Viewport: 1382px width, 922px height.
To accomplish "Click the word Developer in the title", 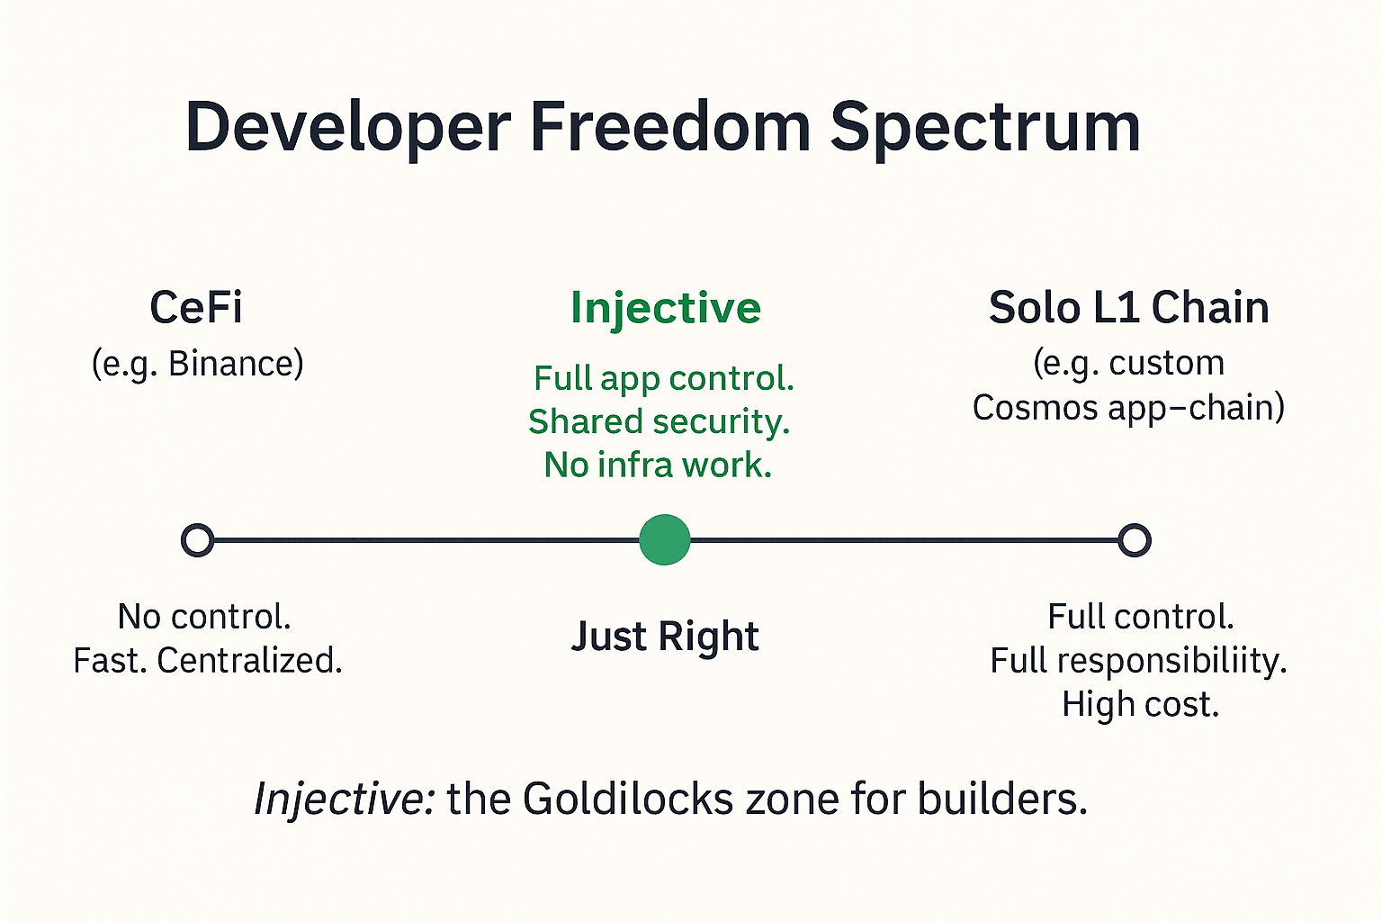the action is pyautogui.click(x=348, y=129).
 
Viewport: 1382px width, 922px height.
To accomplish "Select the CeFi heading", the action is pyautogui.click(x=196, y=307).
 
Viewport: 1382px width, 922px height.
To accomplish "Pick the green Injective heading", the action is pyautogui.click(x=666, y=309).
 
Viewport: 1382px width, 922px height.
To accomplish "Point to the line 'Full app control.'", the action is pyautogui.click(x=664, y=378).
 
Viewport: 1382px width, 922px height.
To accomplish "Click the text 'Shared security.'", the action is pyautogui.click(x=659, y=422).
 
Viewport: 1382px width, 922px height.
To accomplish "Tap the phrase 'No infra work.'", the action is pyautogui.click(x=658, y=465).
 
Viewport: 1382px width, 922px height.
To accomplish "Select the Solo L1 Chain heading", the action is pyautogui.click(x=1128, y=307).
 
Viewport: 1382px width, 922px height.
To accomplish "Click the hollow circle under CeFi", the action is pyautogui.click(x=197, y=540).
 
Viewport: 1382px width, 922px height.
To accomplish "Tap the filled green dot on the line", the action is pyautogui.click(x=665, y=539).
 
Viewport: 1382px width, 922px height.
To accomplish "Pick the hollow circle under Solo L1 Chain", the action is pyautogui.click(x=1135, y=540).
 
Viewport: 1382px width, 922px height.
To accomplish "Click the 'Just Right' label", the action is pyautogui.click(x=665, y=636).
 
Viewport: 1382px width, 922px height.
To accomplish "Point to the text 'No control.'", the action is pyautogui.click(x=203, y=616).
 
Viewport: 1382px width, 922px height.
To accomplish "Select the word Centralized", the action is pyautogui.click(x=249, y=661).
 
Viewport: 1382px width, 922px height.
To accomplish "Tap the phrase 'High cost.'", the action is pyautogui.click(x=1141, y=705).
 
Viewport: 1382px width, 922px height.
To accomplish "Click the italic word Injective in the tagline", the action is pyautogui.click(x=345, y=800).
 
